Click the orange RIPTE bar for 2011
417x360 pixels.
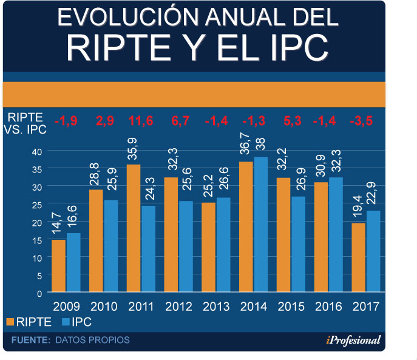(x=134, y=228)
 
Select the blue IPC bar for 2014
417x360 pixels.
(x=260, y=225)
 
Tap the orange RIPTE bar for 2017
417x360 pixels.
(x=358, y=257)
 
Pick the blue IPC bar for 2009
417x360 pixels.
(x=73, y=262)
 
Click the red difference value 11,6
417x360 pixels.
(x=141, y=121)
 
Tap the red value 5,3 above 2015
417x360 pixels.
(x=290, y=121)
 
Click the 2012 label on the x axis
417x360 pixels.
(x=179, y=306)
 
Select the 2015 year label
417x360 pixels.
(x=291, y=306)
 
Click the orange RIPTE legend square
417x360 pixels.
(x=10, y=322)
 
